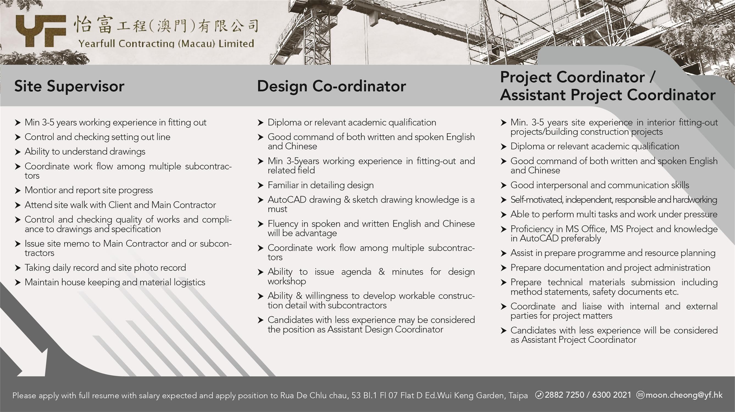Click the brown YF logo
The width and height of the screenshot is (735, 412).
(x=41, y=31)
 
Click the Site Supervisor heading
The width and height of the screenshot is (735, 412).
(x=69, y=86)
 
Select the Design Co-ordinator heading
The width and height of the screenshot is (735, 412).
(x=331, y=86)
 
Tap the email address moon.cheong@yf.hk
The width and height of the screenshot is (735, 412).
(x=684, y=395)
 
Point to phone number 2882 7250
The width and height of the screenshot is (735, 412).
(x=564, y=395)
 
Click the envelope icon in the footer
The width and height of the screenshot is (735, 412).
(x=640, y=395)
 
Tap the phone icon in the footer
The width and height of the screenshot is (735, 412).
(x=539, y=395)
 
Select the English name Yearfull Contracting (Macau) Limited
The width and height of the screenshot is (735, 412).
(x=166, y=44)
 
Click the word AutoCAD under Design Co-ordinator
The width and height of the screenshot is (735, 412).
(x=287, y=200)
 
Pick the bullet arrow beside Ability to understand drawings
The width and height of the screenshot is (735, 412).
(x=18, y=152)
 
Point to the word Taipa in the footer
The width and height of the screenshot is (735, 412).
(x=518, y=396)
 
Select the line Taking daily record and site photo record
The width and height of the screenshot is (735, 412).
(x=105, y=268)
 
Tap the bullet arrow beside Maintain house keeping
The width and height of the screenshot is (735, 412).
(x=18, y=283)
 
